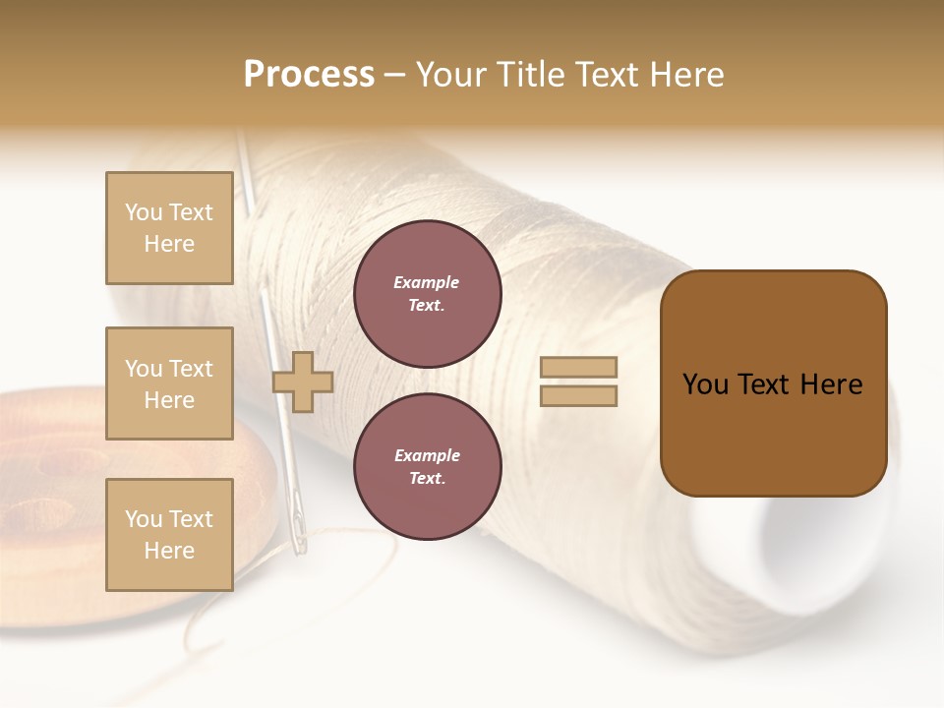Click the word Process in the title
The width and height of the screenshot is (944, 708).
(x=309, y=75)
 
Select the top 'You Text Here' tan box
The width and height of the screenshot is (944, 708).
(x=169, y=228)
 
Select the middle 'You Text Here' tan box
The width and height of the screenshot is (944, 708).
(x=169, y=383)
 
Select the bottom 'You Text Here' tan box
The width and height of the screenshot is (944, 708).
(x=169, y=535)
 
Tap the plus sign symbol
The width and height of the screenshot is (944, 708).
(x=302, y=382)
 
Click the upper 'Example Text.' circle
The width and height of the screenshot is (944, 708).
(x=427, y=294)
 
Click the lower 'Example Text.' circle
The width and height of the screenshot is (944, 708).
(x=427, y=467)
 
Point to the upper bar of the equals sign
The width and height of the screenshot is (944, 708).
(x=578, y=368)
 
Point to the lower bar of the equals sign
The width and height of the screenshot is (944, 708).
(x=578, y=395)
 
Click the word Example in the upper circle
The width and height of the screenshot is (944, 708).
(x=426, y=282)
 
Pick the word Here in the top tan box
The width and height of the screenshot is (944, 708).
(x=169, y=244)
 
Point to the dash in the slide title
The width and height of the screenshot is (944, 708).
(x=394, y=76)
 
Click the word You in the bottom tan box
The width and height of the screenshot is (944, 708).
(x=143, y=519)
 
